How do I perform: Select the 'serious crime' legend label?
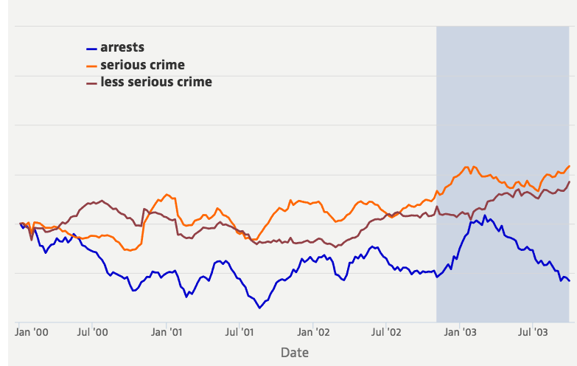(142, 65)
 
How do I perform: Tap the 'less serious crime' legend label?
(155, 82)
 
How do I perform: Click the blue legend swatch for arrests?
(92, 49)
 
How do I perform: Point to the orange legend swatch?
(92, 66)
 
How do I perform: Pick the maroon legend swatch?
(92, 83)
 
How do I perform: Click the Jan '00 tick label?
(32, 333)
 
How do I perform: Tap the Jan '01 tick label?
(167, 333)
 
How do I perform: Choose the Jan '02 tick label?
(313, 333)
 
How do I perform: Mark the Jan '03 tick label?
(459, 333)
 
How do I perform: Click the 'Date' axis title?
(295, 353)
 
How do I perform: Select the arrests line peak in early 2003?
(484, 215)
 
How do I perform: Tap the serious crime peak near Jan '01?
(167, 195)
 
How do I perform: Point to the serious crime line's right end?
(569, 166)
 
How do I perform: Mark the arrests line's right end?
(569, 280)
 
